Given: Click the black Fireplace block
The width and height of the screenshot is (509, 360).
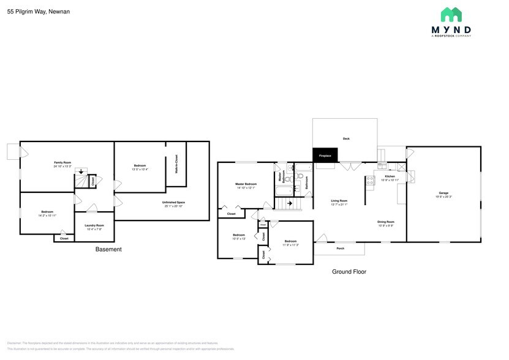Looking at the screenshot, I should click(325, 156).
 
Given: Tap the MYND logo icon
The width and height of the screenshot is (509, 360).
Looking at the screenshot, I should click(451, 15).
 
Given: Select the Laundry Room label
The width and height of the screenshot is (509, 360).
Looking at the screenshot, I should click(94, 225).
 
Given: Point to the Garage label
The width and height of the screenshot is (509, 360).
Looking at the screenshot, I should click(443, 193).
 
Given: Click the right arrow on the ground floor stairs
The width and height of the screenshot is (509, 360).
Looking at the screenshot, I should click(290, 203).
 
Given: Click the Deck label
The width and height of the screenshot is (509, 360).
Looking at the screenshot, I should click(345, 139).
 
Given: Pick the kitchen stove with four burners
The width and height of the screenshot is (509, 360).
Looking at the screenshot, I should click(370, 180).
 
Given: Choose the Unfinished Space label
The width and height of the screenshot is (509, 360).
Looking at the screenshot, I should click(173, 202).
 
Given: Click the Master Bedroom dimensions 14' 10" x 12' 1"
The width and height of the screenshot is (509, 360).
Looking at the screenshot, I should click(246, 188).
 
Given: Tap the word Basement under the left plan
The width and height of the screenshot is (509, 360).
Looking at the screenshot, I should click(108, 250).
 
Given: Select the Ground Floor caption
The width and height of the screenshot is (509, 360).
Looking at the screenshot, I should click(349, 272).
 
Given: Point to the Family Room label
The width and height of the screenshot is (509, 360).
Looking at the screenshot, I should click(62, 162).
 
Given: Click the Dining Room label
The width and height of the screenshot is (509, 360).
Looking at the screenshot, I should click(385, 222).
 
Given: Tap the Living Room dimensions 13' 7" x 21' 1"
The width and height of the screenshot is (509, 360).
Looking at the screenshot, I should click(339, 204).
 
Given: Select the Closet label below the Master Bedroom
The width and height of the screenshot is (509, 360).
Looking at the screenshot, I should click(231, 214).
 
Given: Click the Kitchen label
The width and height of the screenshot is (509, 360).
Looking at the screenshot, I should click(390, 176).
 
